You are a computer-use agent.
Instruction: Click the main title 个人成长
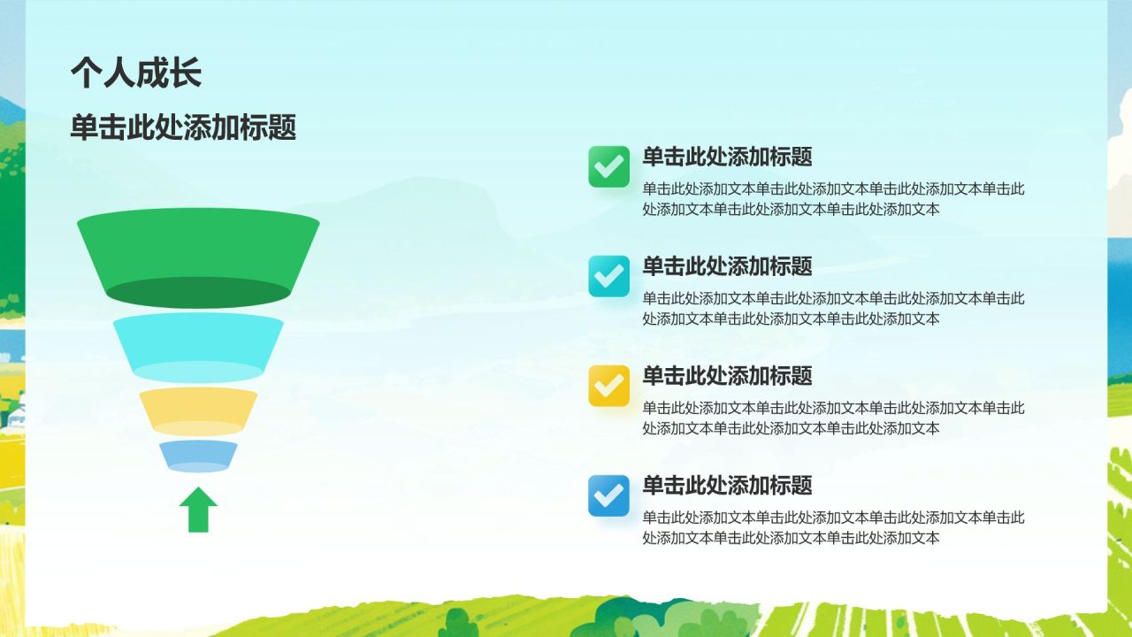pos(136,73)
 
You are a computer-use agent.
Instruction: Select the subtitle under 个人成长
pos(183,128)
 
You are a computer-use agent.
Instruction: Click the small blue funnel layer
pos(198,454)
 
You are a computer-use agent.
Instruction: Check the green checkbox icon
pos(608,166)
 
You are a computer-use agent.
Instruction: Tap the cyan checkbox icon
pos(608,276)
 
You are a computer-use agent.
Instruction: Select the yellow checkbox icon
pos(608,386)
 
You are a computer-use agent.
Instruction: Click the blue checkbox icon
pos(608,495)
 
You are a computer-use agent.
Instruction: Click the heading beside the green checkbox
pos(727,157)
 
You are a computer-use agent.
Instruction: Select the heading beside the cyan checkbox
pos(727,267)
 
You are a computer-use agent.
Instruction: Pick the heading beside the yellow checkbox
pos(727,377)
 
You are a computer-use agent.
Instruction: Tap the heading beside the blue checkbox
pos(727,486)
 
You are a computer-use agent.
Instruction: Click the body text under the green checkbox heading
pos(833,199)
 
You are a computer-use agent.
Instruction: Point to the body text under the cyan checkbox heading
pos(833,309)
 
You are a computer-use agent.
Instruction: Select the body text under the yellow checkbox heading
pos(833,418)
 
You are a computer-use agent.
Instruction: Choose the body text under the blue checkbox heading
pos(833,528)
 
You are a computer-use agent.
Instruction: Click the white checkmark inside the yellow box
pos(608,386)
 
